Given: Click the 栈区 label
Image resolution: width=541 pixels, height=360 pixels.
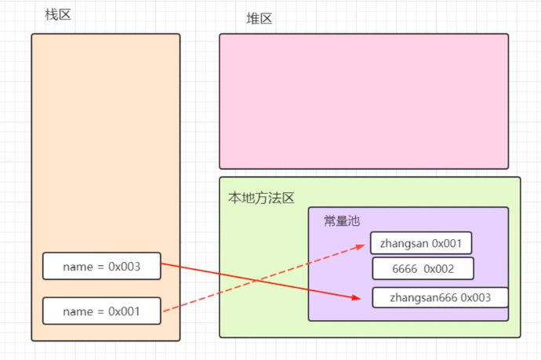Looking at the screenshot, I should coord(58,14).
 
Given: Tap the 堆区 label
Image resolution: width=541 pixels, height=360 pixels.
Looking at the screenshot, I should coord(260,19).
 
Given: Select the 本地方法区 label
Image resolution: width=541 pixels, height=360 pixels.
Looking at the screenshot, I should coord(261,198).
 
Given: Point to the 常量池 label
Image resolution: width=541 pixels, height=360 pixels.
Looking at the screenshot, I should coord(342,221).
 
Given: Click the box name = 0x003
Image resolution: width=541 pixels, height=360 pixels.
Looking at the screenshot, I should coord(102,267).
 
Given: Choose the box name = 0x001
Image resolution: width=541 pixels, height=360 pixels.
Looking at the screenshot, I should coord(102,311).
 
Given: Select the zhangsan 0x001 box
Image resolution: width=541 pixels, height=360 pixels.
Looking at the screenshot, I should coord(421,243).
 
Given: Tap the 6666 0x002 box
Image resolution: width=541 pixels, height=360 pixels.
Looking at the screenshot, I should coord(423,268).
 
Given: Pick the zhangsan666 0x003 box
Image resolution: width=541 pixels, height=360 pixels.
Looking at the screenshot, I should coord(440,298).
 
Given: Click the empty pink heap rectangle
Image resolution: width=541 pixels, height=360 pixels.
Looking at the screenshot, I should coord(364,100).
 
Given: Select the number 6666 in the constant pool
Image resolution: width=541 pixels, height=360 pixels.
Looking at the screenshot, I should coord(405,268).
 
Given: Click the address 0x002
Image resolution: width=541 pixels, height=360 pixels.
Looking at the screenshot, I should coord(439,268).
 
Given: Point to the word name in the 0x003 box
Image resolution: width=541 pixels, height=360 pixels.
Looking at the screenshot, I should coord(77,267).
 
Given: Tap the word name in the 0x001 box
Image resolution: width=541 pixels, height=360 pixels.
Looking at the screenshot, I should coord(77,311).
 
